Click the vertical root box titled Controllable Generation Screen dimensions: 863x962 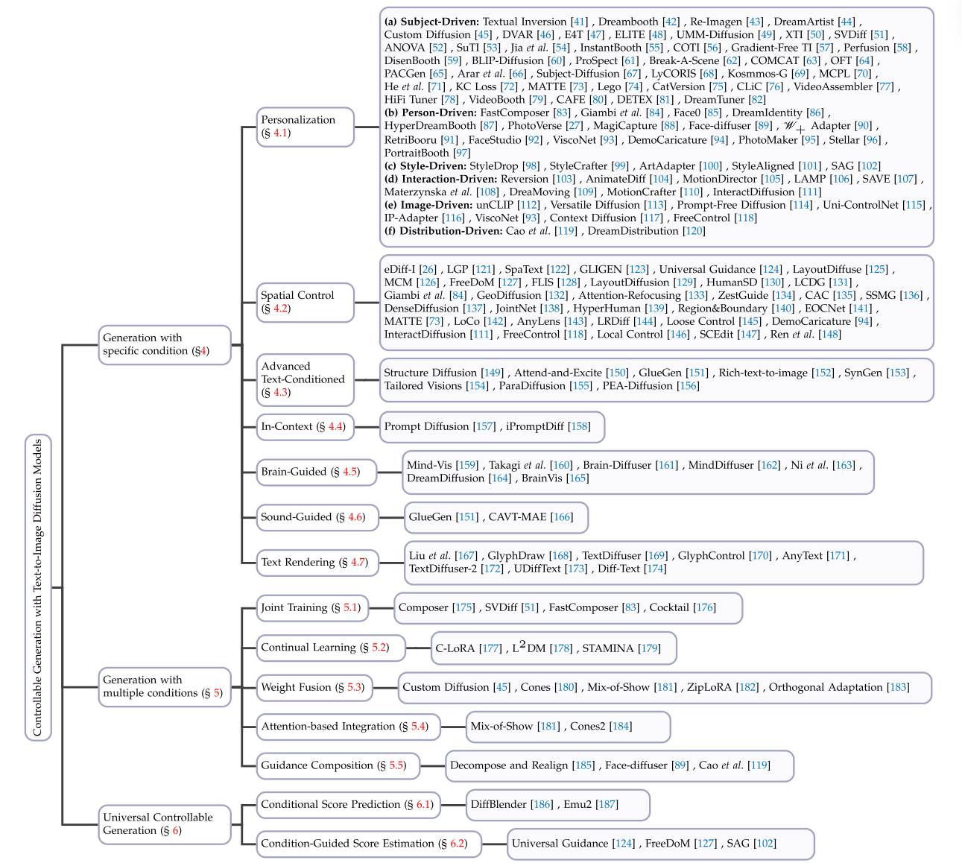[x=38, y=587]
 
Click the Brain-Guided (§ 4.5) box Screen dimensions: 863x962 [x=309, y=472]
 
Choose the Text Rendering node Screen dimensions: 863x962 [x=314, y=562]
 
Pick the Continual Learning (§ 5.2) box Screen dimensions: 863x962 [x=324, y=647]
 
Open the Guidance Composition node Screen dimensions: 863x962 [x=333, y=765]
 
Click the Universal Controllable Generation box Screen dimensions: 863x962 [x=164, y=824]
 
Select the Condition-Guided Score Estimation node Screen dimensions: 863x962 [x=363, y=844]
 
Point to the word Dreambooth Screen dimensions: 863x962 [x=627, y=22]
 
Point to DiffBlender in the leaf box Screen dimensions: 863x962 [x=499, y=804]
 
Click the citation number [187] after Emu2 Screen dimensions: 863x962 [x=607, y=804]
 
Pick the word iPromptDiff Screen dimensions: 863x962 [x=534, y=426]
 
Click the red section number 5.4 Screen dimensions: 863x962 [x=419, y=727]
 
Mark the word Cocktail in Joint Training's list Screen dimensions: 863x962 [x=668, y=607]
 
